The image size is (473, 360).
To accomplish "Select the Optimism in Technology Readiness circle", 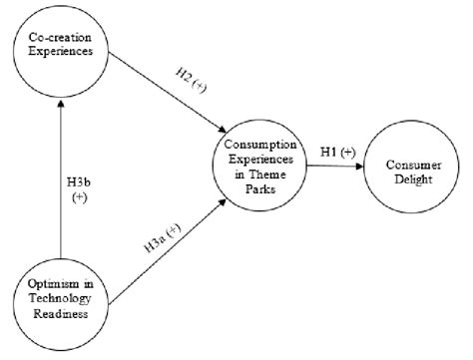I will pyautogui.click(x=61, y=295).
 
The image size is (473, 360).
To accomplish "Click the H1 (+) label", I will pyautogui.click(x=337, y=151).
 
